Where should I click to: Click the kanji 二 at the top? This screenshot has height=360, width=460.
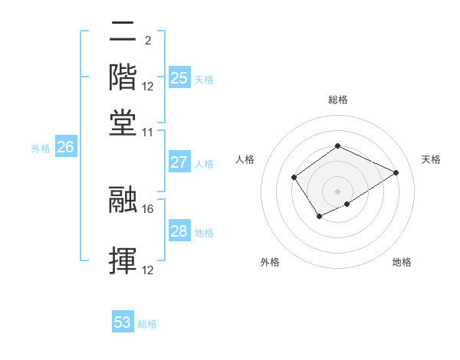coord(123,32)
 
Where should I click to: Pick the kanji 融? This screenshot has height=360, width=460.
coord(123,198)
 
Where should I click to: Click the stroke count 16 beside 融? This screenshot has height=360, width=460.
coord(148,207)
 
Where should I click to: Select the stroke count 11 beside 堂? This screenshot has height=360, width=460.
coord(148,132)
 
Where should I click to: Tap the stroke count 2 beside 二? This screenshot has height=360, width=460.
coord(147,41)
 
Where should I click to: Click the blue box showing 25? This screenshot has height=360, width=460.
coord(179,77)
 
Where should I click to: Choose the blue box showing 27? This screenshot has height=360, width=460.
coord(179,162)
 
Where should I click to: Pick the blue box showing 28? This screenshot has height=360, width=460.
coord(179,231)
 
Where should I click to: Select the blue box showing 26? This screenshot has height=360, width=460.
coord(65,148)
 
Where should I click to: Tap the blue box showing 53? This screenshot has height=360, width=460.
coord(122,322)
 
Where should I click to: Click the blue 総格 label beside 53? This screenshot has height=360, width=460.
coord(147,324)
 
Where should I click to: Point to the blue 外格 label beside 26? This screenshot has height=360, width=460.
coord(41,149)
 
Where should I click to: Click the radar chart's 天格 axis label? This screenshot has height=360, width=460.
coord(431,159)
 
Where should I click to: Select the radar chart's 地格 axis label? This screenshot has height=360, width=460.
coord(402,262)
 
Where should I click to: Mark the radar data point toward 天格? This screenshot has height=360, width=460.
coord(396,172)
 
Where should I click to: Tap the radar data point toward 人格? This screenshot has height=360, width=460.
coord(294,178)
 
